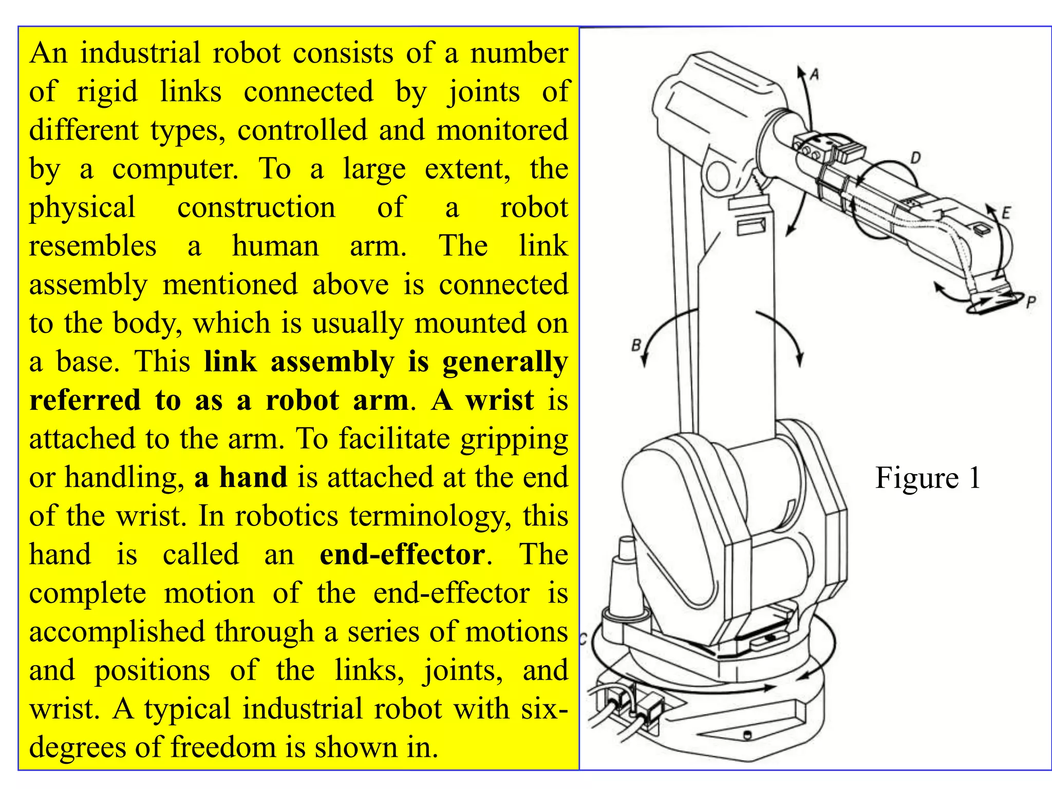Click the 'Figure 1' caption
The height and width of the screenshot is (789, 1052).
(x=928, y=478)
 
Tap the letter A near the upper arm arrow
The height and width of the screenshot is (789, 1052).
(x=815, y=75)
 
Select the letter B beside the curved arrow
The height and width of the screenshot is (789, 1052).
(x=636, y=345)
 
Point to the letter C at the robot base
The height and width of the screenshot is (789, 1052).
(x=583, y=640)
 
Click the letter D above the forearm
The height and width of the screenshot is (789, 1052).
(x=915, y=158)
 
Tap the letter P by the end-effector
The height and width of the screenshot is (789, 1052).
(x=1030, y=303)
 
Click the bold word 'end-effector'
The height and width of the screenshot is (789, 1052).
(x=402, y=555)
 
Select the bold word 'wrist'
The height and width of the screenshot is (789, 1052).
(x=499, y=400)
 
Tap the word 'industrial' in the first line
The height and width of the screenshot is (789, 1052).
(x=140, y=53)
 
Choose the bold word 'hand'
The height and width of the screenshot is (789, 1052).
(x=253, y=477)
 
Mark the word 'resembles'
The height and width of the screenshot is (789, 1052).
(x=92, y=246)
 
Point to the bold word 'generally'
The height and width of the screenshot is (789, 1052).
(x=505, y=362)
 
